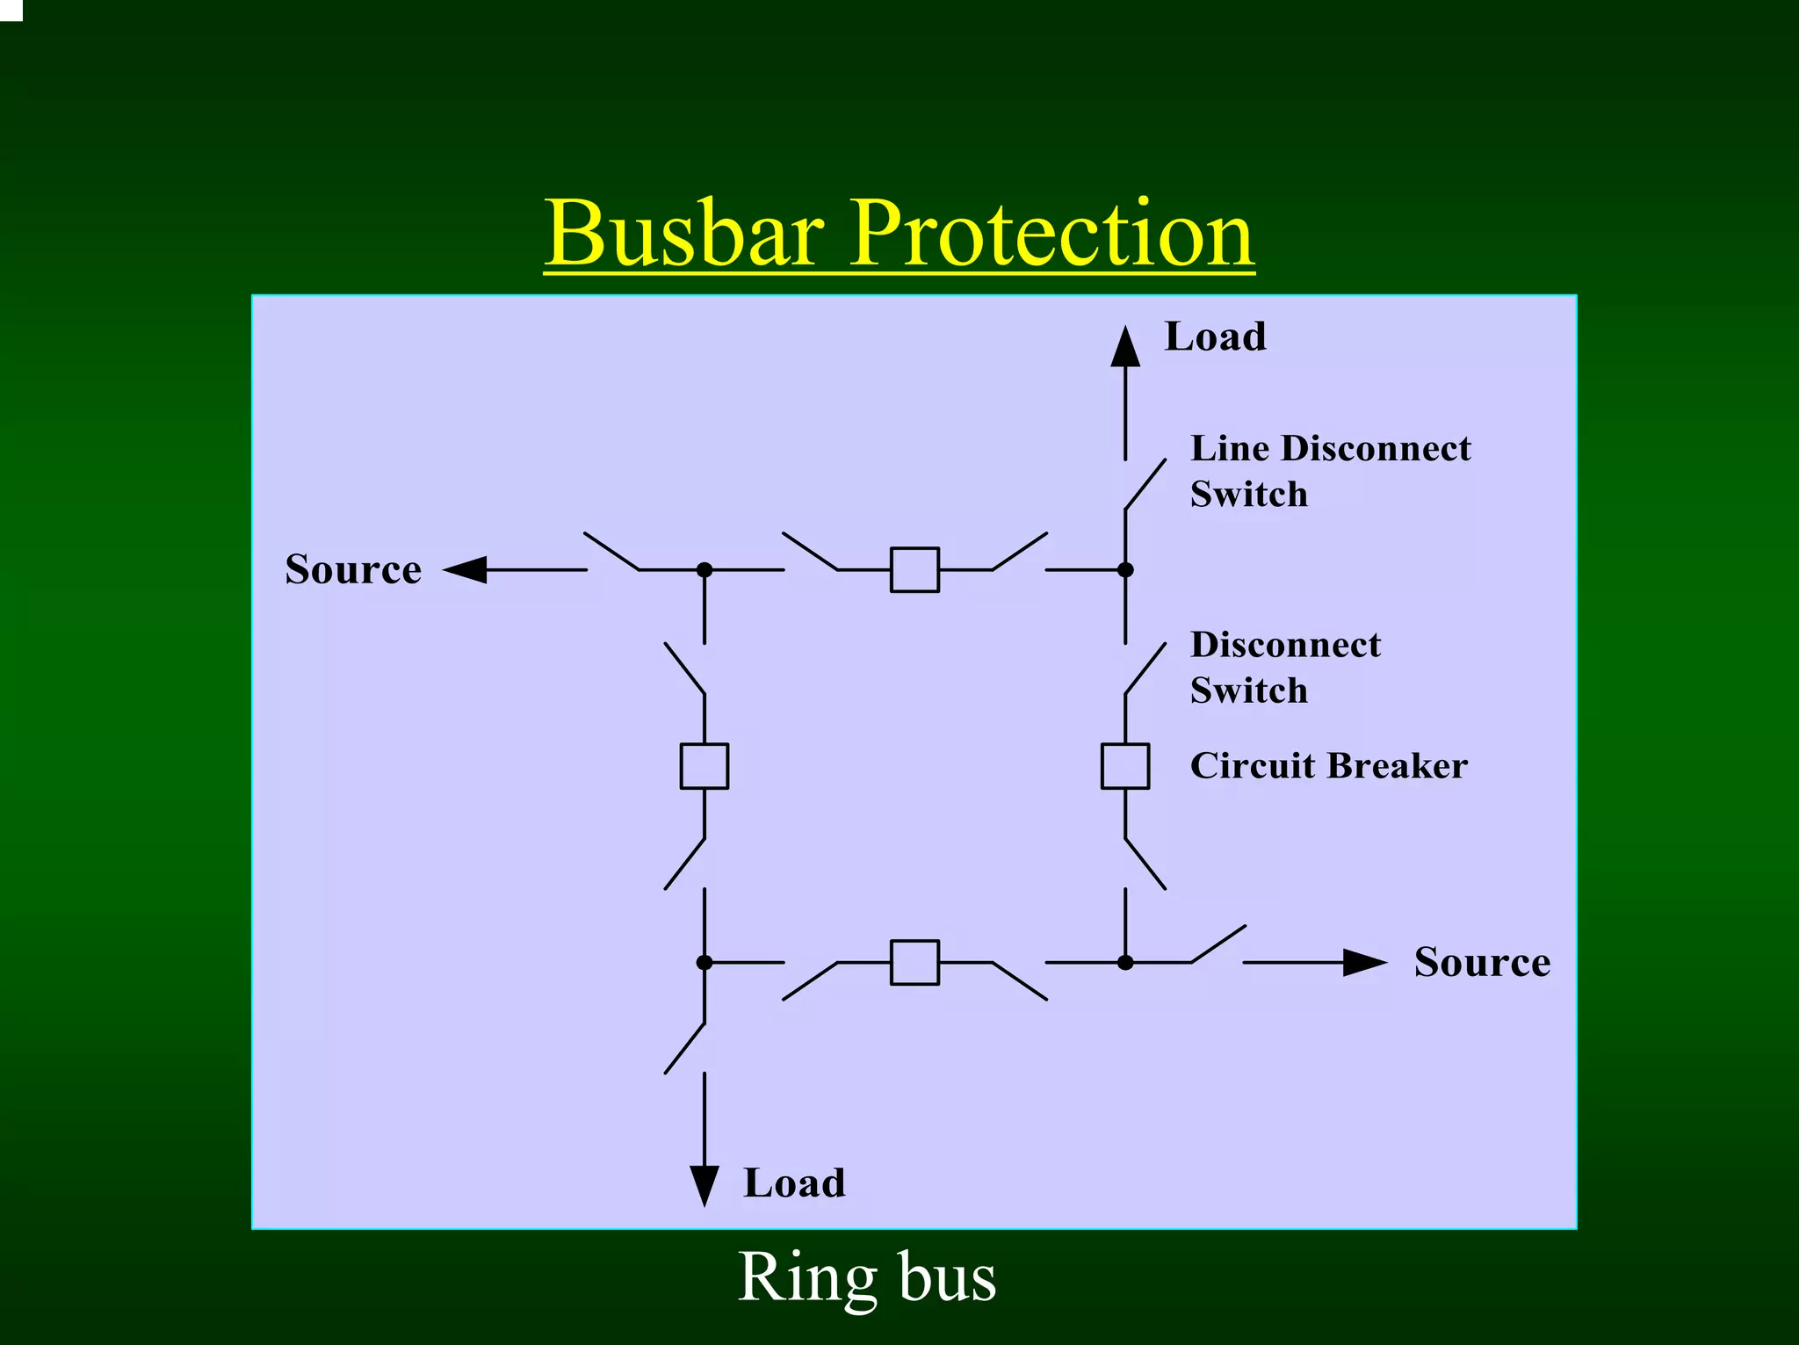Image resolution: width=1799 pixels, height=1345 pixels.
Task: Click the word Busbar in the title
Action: pyautogui.click(x=683, y=234)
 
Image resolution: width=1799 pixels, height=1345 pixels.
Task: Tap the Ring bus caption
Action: pyautogui.click(x=867, y=1277)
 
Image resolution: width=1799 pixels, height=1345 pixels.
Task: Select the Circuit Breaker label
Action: pyautogui.click(x=1328, y=766)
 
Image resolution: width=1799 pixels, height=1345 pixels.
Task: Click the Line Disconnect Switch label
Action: pyautogui.click(x=1329, y=471)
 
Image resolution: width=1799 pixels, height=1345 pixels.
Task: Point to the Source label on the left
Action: pyautogui.click(x=353, y=569)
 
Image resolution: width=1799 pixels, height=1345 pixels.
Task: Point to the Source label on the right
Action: pyautogui.click(x=1482, y=962)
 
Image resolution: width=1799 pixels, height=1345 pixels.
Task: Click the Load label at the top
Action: pyautogui.click(x=1215, y=336)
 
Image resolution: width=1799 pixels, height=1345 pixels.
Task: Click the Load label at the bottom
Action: pyautogui.click(x=794, y=1182)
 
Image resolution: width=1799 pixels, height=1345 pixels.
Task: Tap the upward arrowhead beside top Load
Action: pyautogui.click(x=1125, y=347)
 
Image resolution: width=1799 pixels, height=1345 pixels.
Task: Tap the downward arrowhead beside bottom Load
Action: pyautogui.click(x=704, y=1185)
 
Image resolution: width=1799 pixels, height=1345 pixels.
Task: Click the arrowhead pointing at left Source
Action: pyautogui.click(x=466, y=569)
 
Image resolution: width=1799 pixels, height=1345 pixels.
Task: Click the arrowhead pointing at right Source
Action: pyautogui.click(x=1364, y=963)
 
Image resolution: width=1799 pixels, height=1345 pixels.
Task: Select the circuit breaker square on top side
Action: pyautogui.click(x=914, y=569)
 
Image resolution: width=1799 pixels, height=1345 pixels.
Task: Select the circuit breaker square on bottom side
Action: pyautogui.click(x=914, y=962)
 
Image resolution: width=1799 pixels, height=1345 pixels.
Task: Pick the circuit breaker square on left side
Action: pyautogui.click(x=704, y=766)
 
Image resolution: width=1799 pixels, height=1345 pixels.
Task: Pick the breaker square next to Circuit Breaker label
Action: pyautogui.click(x=1125, y=766)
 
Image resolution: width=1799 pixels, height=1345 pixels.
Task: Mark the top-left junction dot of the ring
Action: pyautogui.click(x=704, y=570)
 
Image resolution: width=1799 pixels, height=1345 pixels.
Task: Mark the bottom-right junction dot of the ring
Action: pyautogui.click(x=1125, y=963)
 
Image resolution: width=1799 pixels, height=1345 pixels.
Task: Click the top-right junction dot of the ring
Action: pyautogui.click(x=1125, y=570)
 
